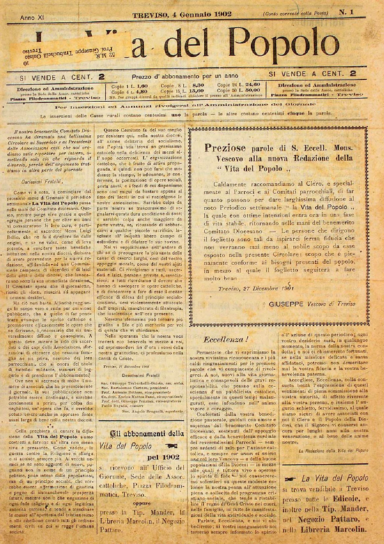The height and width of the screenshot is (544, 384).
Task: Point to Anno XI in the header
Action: (x=32, y=17)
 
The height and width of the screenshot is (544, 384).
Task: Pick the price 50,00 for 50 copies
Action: (x=252, y=90)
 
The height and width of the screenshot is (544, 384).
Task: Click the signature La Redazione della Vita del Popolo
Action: (x=333, y=450)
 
